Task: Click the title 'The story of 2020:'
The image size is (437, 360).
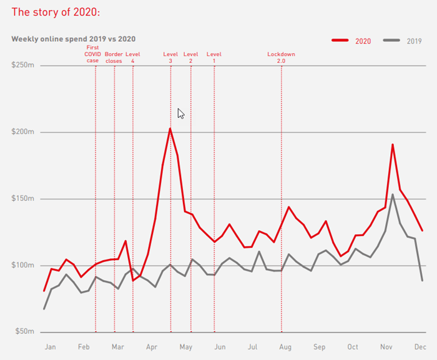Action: point(56,12)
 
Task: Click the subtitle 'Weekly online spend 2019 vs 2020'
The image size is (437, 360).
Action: point(74,39)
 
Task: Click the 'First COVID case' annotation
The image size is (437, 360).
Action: point(92,54)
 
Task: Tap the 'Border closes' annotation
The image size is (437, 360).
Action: point(114,57)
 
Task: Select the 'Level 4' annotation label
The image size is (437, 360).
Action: point(133,57)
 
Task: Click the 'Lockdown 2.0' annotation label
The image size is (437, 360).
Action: point(281,57)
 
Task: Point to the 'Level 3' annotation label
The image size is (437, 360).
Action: point(170,57)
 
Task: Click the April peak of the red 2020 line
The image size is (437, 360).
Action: point(170,129)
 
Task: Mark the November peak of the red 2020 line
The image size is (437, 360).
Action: point(393,145)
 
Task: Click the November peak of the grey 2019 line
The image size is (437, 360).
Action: point(393,195)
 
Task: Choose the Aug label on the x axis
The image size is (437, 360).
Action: point(285,347)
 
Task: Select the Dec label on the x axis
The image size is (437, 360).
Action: point(420,347)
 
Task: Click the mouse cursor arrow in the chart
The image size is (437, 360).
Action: point(180,112)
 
